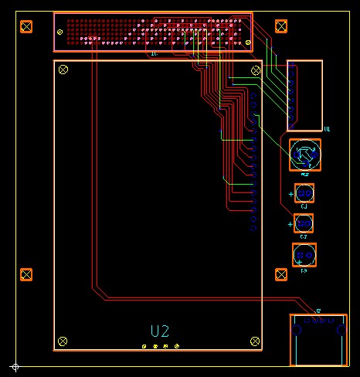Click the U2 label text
click(160, 331)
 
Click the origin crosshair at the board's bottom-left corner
click(14, 366)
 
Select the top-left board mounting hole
click(26, 27)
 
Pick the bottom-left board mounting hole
click(26, 274)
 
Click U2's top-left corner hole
click(63, 70)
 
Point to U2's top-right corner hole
click(255, 70)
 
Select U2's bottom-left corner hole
click(63, 340)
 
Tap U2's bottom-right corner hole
click(255, 340)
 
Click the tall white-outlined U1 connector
click(305, 95)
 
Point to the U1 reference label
click(327, 129)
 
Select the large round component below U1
click(305, 155)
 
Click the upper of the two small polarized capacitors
click(304, 193)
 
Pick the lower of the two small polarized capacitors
click(304, 223)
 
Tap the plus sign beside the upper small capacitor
click(290, 194)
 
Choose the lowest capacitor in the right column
click(304, 253)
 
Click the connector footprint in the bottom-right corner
click(318, 340)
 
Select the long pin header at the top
click(152, 32)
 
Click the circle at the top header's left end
click(60, 31)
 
